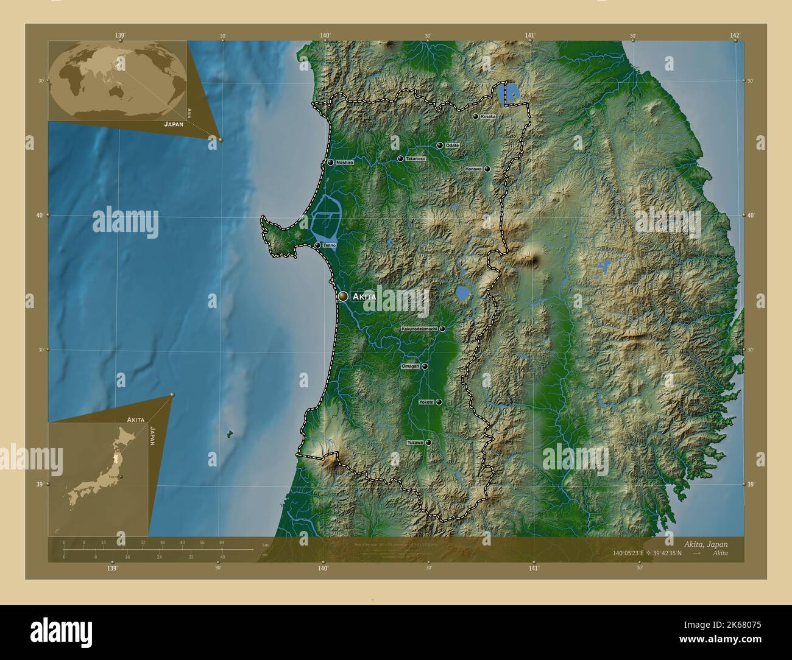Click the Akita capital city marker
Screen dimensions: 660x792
coord(343,296)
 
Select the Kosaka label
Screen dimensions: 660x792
coord(488,116)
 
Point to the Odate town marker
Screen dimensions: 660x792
coord(440,146)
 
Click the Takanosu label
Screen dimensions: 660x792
coord(415,159)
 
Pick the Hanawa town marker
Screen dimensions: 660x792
coord(487,169)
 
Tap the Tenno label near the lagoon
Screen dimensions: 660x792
coord(330,245)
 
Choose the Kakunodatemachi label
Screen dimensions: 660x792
coord(419,329)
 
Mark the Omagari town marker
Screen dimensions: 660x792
coord(425,367)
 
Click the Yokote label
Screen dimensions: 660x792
coord(426,402)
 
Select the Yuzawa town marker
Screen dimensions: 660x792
coord(429,442)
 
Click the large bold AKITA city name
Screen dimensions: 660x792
coord(364,297)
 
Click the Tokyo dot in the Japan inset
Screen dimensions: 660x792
coord(121,477)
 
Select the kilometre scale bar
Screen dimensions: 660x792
coord(158,549)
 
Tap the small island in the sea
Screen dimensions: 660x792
coord(230,434)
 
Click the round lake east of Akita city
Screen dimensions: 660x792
coord(463,294)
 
